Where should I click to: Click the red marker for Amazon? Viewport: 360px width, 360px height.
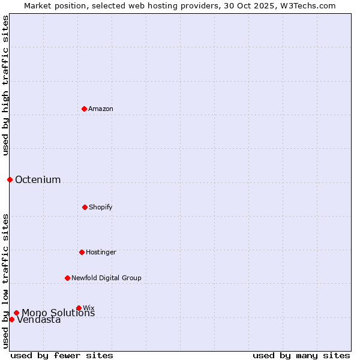pyautogui.click(x=84, y=109)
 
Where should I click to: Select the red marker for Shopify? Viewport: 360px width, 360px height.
pyautogui.click(x=85, y=207)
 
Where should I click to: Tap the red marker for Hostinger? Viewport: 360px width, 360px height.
pyautogui.click(x=82, y=252)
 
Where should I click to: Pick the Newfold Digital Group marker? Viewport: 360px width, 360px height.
pyautogui.click(x=67, y=278)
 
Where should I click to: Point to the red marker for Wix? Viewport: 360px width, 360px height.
pyautogui.click(x=79, y=308)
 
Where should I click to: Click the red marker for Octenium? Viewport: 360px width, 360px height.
pyautogui.click(x=10, y=179)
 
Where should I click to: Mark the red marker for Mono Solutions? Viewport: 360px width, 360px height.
pyautogui.click(x=16, y=313)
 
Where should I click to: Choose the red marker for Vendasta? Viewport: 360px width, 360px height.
pyautogui.click(x=11, y=319)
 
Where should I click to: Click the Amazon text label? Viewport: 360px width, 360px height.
pyautogui.click(x=101, y=109)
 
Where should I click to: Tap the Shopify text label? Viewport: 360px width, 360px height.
pyautogui.click(x=101, y=207)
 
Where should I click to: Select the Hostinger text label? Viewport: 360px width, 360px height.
pyautogui.click(x=101, y=252)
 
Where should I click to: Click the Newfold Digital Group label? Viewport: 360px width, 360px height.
pyautogui.click(x=106, y=278)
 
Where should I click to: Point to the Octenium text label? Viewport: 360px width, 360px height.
pyautogui.click(x=38, y=180)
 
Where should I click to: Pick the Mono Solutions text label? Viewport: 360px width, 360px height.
pyautogui.click(x=58, y=313)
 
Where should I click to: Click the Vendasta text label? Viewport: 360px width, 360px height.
pyautogui.click(x=39, y=320)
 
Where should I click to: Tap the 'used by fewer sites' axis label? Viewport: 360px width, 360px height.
pyautogui.click(x=62, y=355)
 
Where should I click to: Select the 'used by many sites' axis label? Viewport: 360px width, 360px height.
pyautogui.click(x=301, y=355)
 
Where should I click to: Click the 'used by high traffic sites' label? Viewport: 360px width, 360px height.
pyautogui.click(x=5, y=85)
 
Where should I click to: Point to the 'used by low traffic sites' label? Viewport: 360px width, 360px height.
pyautogui.click(x=5, y=280)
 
